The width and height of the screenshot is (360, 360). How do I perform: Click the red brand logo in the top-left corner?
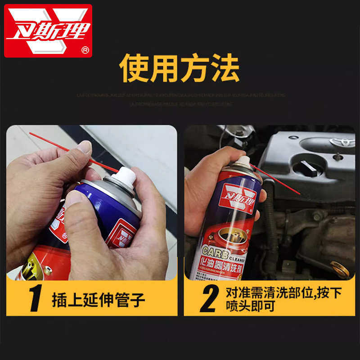(48, 31)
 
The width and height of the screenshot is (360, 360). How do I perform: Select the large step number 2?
(208, 297)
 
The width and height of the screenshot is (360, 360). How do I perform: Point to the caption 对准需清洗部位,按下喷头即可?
(283, 299)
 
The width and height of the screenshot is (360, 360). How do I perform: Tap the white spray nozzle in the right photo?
(243, 162)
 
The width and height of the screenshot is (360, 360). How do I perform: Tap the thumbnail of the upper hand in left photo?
(84, 147)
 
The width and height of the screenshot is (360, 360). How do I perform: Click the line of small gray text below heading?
(180, 95)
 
